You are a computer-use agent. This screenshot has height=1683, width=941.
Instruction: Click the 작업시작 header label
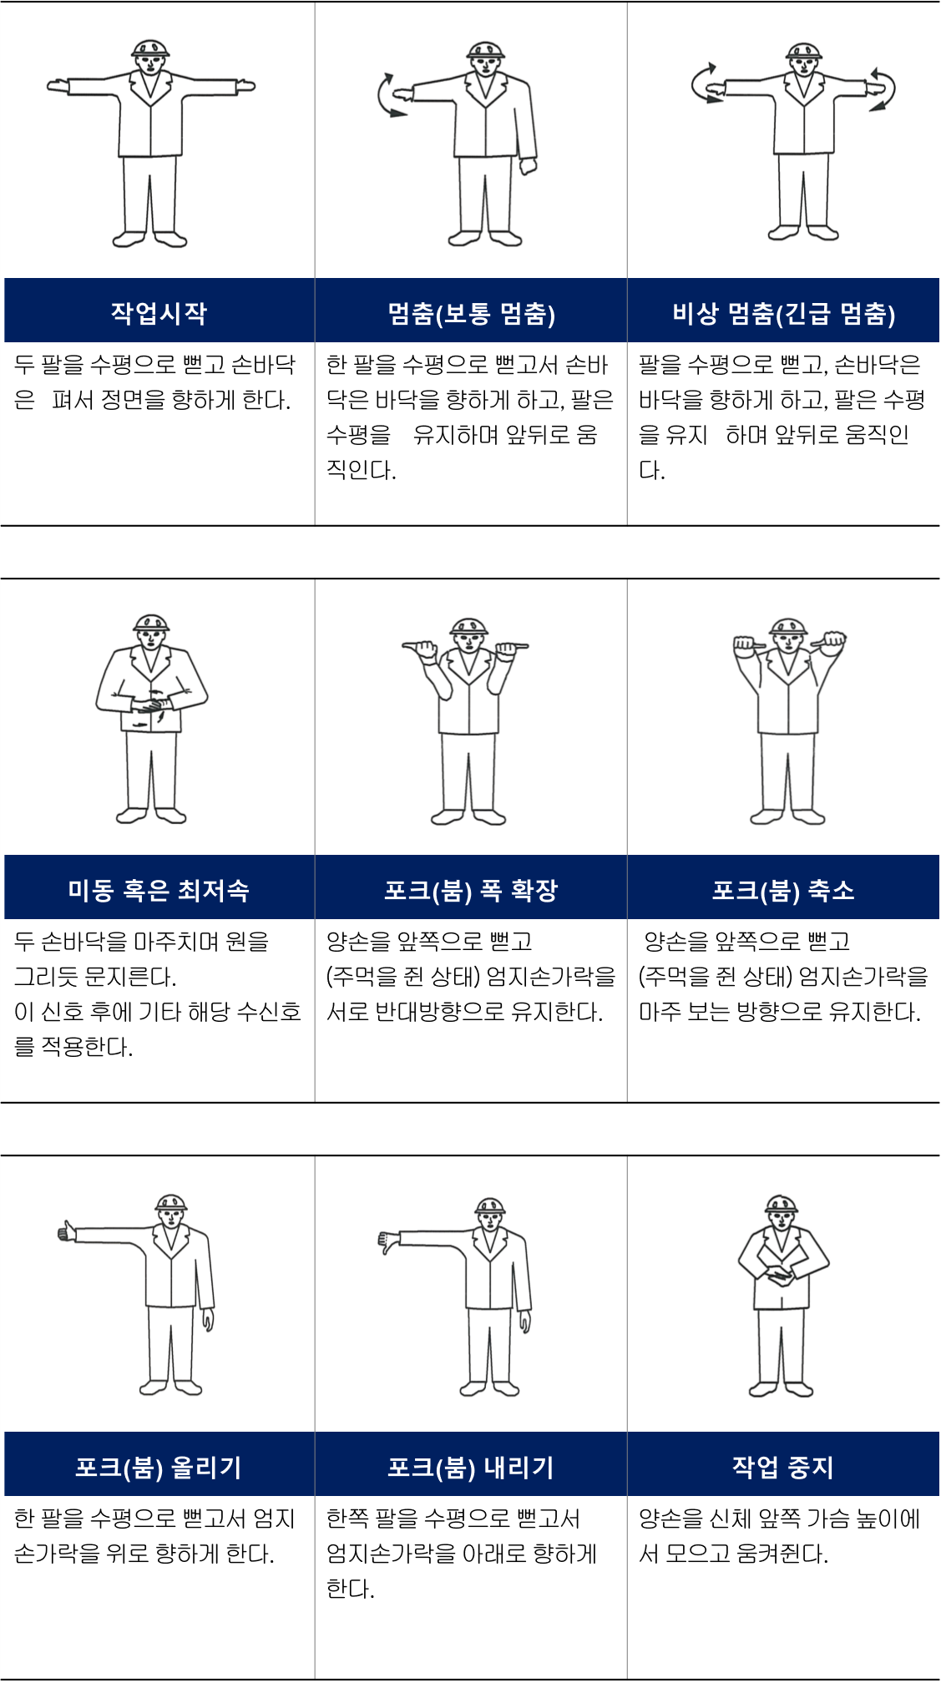[x=159, y=313]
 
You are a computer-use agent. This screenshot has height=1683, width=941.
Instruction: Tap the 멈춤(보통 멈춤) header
[x=471, y=314]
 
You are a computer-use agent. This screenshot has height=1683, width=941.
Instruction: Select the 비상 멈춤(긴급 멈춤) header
[x=783, y=314]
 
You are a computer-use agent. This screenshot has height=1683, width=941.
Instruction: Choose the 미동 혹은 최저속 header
[x=159, y=890]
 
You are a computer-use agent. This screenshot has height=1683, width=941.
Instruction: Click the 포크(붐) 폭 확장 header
[x=471, y=891]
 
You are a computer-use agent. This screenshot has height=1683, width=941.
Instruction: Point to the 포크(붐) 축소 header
[x=783, y=891]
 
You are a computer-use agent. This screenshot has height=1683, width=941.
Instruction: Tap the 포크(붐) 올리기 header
[x=159, y=1467]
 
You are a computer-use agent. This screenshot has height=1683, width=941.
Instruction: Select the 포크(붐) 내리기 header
[x=471, y=1467]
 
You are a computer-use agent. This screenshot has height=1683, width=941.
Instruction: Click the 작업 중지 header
[x=783, y=1467]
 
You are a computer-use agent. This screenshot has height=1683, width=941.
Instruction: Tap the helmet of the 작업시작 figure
[x=150, y=48]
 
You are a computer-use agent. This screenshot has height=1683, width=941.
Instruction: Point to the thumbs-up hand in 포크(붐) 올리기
[x=66, y=1231]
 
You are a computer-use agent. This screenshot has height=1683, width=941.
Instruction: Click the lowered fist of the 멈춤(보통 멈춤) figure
[x=528, y=165]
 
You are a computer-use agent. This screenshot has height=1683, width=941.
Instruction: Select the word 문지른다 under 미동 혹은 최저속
[x=131, y=977]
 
